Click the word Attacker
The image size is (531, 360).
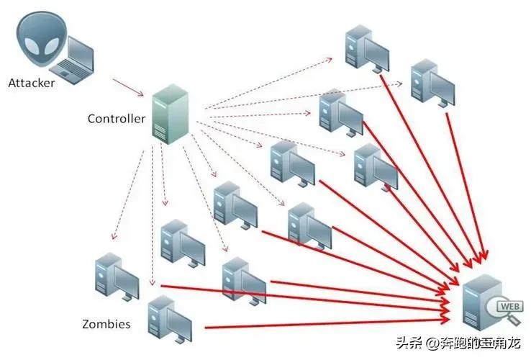pyautogui.click(x=32, y=82)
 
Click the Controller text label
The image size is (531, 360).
pyautogui.click(x=117, y=118)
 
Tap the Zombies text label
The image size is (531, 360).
pyautogui.click(x=106, y=324)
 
